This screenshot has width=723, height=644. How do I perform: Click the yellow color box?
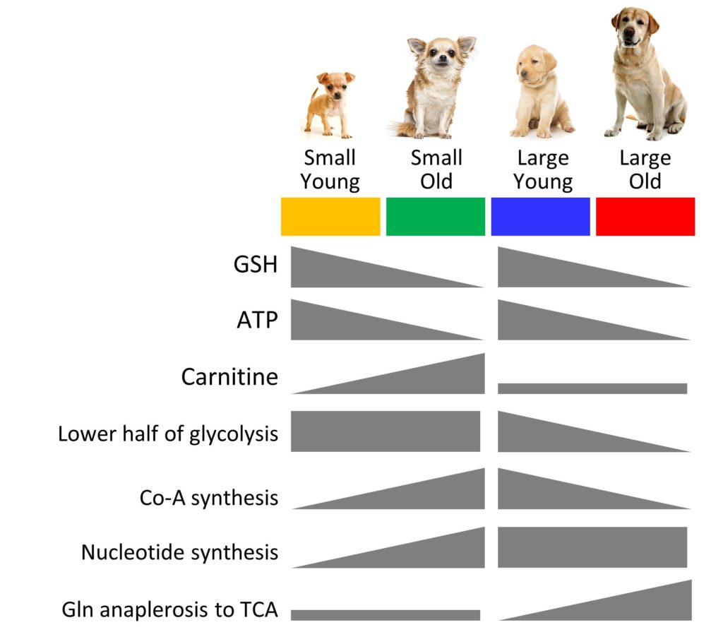330,216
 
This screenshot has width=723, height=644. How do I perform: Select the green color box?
436,216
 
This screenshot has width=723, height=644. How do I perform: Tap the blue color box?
540,216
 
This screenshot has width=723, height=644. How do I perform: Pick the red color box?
645,216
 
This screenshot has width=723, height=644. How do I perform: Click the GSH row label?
256,265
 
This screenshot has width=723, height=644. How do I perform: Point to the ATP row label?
257,320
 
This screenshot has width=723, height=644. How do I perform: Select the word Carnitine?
229,376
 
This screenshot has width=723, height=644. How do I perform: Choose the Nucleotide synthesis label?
180,553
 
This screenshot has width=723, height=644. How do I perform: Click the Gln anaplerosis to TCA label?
170,610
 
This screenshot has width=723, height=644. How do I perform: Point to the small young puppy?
330,105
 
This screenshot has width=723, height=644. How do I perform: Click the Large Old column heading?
645,169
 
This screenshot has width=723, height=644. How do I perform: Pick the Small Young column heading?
330,169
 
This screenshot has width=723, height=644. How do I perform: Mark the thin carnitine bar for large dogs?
592,388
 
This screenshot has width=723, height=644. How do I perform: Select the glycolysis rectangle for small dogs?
386,431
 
